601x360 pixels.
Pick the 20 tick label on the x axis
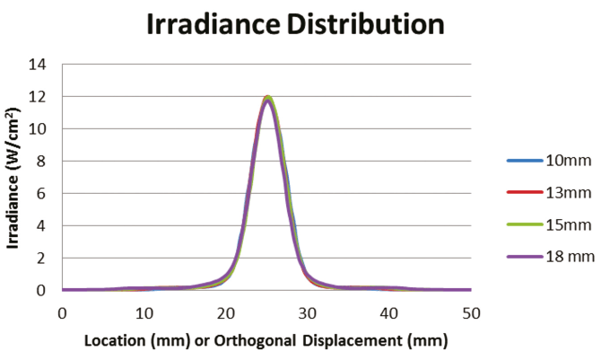tap(225, 312)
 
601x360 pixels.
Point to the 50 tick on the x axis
tap(472, 312)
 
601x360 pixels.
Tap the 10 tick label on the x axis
tap(144, 312)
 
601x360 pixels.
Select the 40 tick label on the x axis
tap(389, 312)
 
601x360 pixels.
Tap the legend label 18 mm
tap(569, 257)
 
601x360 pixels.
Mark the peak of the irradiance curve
tap(267, 97)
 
